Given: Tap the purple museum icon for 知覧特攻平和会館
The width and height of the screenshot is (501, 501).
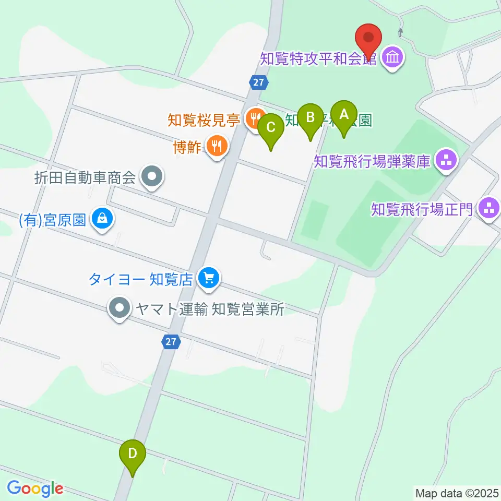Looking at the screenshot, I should [x=392, y=57].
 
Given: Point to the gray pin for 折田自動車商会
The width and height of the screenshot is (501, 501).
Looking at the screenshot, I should [x=152, y=178].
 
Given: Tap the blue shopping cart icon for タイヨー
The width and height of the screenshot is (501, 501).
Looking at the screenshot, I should [x=209, y=278].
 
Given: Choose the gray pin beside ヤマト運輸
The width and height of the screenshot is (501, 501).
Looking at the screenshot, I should [x=120, y=309].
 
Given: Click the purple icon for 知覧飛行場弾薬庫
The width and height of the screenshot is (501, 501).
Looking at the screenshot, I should [x=446, y=161].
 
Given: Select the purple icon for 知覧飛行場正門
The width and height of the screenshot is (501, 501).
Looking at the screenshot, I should [x=489, y=209].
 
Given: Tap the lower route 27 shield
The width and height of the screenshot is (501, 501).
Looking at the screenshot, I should [x=171, y=341].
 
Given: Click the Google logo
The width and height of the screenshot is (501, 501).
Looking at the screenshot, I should [x=35, y=489].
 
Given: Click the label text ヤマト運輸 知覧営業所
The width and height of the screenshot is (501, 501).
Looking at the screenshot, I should [x=209, y=309].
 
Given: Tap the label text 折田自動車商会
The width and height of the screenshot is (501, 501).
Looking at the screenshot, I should [x=85, y=178].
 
